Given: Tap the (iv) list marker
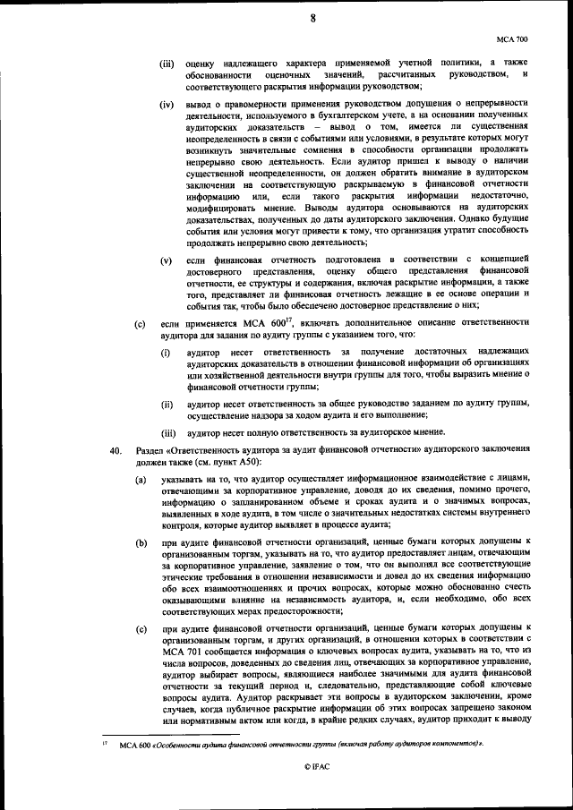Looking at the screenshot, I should [x=167, y=107].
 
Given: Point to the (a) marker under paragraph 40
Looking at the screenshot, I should [x=141, y=481].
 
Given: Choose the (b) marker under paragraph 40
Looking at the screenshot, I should [x=141, y=542].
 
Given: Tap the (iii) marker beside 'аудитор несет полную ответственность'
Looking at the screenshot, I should [x=167, y=431].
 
